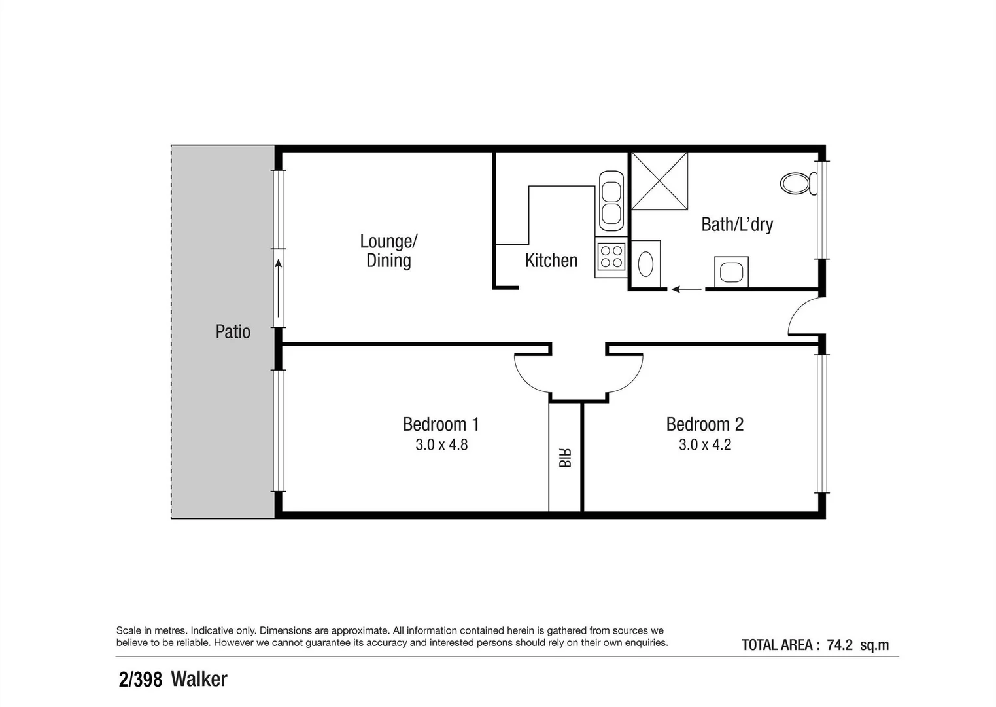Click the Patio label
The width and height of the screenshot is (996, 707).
pyautogui.click(x=233, y=332)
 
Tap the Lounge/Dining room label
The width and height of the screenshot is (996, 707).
pyautogui.click(x=388, y=251)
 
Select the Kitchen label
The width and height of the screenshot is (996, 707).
pyautogui.click(x=551, y=261)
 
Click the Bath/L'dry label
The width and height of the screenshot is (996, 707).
pyautogui.click(x=737, y=225)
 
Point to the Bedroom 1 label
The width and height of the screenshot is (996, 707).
pyautogui.click(x=441, y=424)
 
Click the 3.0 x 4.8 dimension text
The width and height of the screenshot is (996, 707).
pyautogui.click(x=441, y=445)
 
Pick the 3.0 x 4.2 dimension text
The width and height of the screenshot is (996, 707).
pyautogui.click(x=705, y=445)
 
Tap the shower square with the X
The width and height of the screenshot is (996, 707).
pyautogui.click(x=659, y=181)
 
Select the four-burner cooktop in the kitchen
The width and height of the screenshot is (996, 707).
pyautogui.click(x=611, y=257)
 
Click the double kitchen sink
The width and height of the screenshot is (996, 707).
pyautogui.click(x=611, y=201)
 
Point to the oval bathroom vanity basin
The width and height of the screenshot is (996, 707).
pyautogui.click(x=645, y=264)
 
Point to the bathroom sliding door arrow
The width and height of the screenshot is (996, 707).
pyautogui.click(x=685, y=289)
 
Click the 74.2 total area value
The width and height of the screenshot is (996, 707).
pyautogui.click(x=840, y=645)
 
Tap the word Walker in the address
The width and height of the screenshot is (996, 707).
pyautogui.click(x=199, y=680)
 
